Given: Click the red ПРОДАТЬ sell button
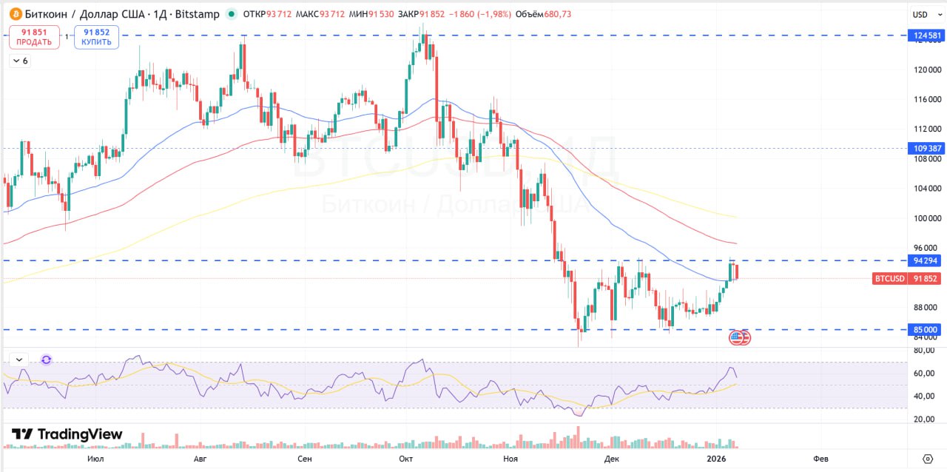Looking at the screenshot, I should pos(34,37).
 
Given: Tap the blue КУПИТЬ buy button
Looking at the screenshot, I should pos(97,37).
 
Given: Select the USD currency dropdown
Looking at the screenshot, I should pos(925,14).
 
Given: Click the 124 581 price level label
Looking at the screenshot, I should pos(927,36).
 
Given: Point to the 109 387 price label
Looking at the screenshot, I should pos(927,148).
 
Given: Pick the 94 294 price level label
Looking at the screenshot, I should pos(927,260).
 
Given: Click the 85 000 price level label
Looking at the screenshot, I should pos(927,329).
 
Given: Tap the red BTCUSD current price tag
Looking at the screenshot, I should pos(906,279).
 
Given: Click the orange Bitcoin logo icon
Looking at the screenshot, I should pos(16,14).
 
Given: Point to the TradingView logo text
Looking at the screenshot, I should pos(67,434).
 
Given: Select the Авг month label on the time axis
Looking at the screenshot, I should pos(199,459).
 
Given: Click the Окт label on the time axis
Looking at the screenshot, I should pos(405,459).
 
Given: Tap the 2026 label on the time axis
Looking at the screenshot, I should pos(715,459).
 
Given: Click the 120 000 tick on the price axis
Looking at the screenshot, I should pos(926,70).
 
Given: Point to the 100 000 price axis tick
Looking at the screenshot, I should pos(926,218).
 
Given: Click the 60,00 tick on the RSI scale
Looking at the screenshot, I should pos(925,374).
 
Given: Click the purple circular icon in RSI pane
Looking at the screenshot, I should pos(47,360).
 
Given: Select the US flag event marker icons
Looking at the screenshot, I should pos(739,337).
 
